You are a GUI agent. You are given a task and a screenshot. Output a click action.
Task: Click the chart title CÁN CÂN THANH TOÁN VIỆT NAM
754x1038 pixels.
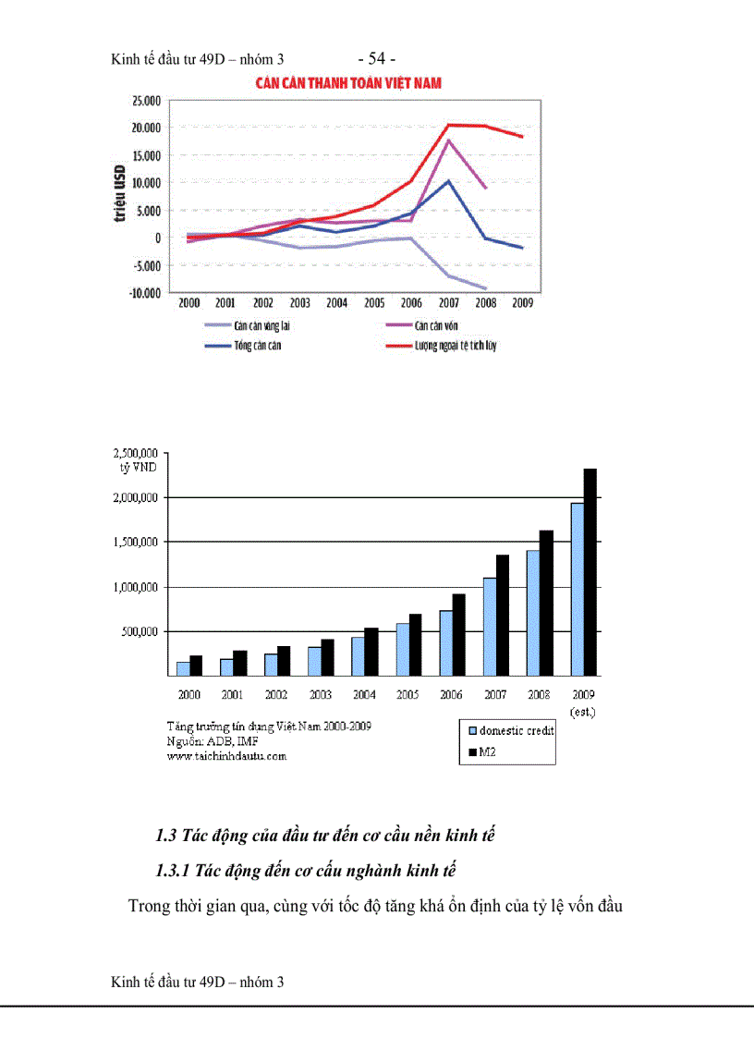click(x=348, y=83)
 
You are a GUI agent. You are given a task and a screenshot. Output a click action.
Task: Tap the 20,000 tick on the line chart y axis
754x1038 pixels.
click(x=144, y=128)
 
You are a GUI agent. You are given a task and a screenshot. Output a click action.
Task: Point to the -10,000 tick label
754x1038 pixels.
click(x=142, y=293)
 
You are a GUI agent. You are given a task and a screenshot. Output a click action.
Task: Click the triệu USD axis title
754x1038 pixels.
click(x=119, y=195)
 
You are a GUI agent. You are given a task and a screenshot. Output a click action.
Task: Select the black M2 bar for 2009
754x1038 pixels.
click(x=590, y=572)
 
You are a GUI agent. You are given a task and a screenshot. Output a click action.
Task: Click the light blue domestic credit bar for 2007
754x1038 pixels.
click(x=490, y=627)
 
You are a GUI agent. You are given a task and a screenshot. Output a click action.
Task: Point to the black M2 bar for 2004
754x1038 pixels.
click(x=371, y=652)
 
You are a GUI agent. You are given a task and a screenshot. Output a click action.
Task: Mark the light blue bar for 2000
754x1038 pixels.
click(x=183, y=668)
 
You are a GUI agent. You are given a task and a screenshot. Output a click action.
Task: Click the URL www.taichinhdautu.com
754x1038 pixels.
click(x=226, y=755)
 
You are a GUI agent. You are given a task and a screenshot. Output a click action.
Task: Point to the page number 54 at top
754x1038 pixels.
click(x=376, y=60)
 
